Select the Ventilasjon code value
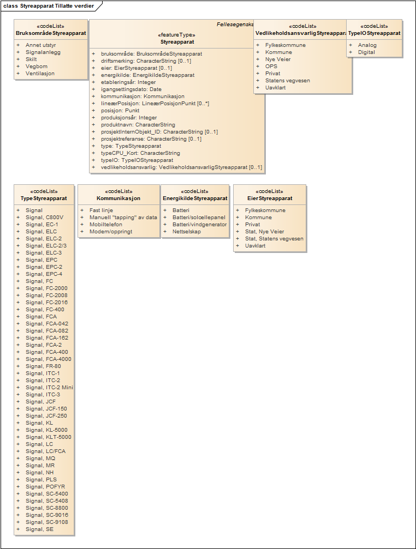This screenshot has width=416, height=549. pos(40,73)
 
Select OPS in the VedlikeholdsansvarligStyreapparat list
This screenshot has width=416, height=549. pos(271,66)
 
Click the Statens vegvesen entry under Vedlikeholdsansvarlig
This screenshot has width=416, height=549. pos(287,80)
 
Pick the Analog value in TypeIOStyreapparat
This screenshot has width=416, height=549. pos(367,45)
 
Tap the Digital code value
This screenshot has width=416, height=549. pos(366,52)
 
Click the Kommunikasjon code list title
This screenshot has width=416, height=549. pos(118,198)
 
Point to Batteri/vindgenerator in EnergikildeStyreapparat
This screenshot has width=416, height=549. pos(199,224)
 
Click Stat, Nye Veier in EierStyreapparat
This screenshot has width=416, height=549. pos(264,231)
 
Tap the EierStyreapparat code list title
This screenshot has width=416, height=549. pos(270,198)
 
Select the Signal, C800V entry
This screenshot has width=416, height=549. pos(45,217)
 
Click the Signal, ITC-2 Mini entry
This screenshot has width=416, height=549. pos(50,387)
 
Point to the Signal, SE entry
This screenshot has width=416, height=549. pos(40,529)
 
